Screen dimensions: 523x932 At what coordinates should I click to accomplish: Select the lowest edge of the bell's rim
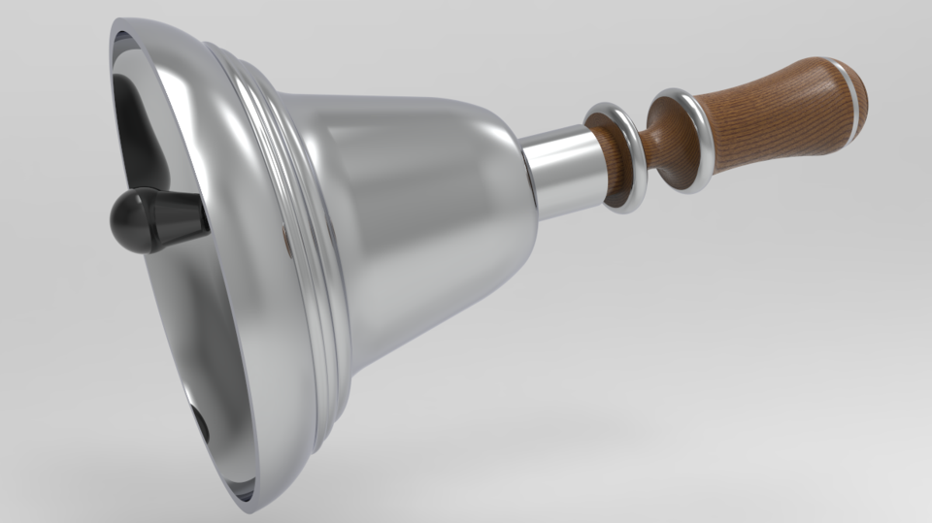249,507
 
